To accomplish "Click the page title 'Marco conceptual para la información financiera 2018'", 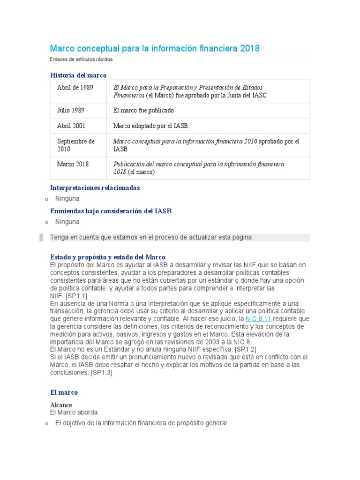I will click(155, 49).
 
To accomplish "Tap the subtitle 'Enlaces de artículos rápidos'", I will click(81, 60).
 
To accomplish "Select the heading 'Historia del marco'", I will click(78, 75).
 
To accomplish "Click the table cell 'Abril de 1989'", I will click(75, 88).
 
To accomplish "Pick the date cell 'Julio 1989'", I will click(71, 110).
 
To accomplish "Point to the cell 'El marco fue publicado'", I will click(143, 110).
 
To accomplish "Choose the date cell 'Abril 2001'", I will click(71, 126).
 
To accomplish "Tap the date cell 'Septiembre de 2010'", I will click(76, 145).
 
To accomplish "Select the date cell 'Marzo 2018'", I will click(73, 164).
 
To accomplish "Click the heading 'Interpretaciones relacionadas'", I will click(95, 187).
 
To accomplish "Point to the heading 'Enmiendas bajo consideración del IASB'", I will click(111, 211).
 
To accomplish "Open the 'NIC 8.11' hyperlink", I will click(258, 319).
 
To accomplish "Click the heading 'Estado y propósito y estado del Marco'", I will click(108, 257).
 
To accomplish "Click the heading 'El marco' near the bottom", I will click(64, 392).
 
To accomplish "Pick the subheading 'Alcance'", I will click(61, 405).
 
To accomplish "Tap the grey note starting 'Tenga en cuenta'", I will click(152, 237).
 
